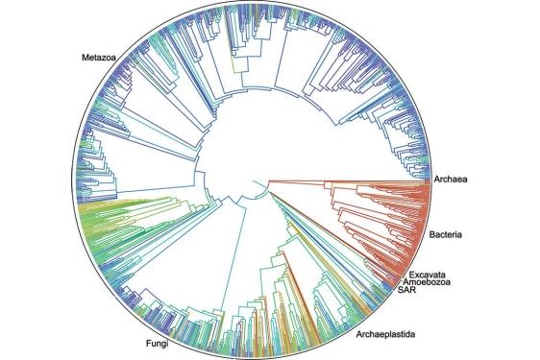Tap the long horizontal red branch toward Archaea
[x=346, y=180]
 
